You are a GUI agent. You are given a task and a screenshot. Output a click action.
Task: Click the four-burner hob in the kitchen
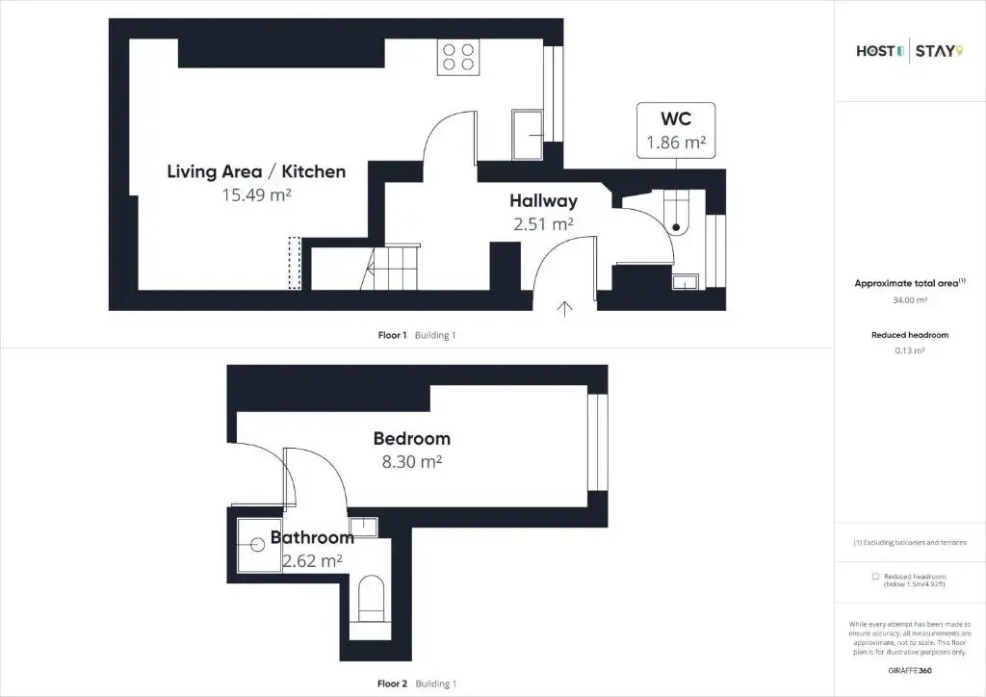point(457,57)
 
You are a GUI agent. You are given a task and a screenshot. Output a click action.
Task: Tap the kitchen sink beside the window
point(527,135)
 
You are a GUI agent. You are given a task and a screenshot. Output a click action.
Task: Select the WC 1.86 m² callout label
point(676,131)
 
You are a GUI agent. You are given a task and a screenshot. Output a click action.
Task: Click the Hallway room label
point(543,200)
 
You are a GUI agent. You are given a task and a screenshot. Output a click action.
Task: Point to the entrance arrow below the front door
point(565,309)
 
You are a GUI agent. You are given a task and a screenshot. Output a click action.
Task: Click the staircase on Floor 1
point(391,268)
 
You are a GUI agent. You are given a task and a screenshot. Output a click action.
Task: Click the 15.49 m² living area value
point(256,194)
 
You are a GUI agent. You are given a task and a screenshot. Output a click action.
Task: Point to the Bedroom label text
point(412,438)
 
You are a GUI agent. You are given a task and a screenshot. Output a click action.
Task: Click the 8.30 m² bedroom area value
point(412,462)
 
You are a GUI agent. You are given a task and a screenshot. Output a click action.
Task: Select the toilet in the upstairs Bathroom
point(371,600)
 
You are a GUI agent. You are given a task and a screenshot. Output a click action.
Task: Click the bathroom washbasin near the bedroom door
point(363,528)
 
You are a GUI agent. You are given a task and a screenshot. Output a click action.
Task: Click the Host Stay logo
point(909,51)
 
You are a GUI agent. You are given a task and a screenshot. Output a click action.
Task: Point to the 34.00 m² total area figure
point(910,300)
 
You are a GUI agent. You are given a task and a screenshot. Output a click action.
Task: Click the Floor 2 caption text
point(393,684)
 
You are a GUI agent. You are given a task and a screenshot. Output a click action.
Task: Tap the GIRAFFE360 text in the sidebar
point(910,671)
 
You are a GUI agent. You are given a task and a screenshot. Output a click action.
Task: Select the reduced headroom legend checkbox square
point(875,577)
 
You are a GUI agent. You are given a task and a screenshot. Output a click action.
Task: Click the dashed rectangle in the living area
point(295,263)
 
